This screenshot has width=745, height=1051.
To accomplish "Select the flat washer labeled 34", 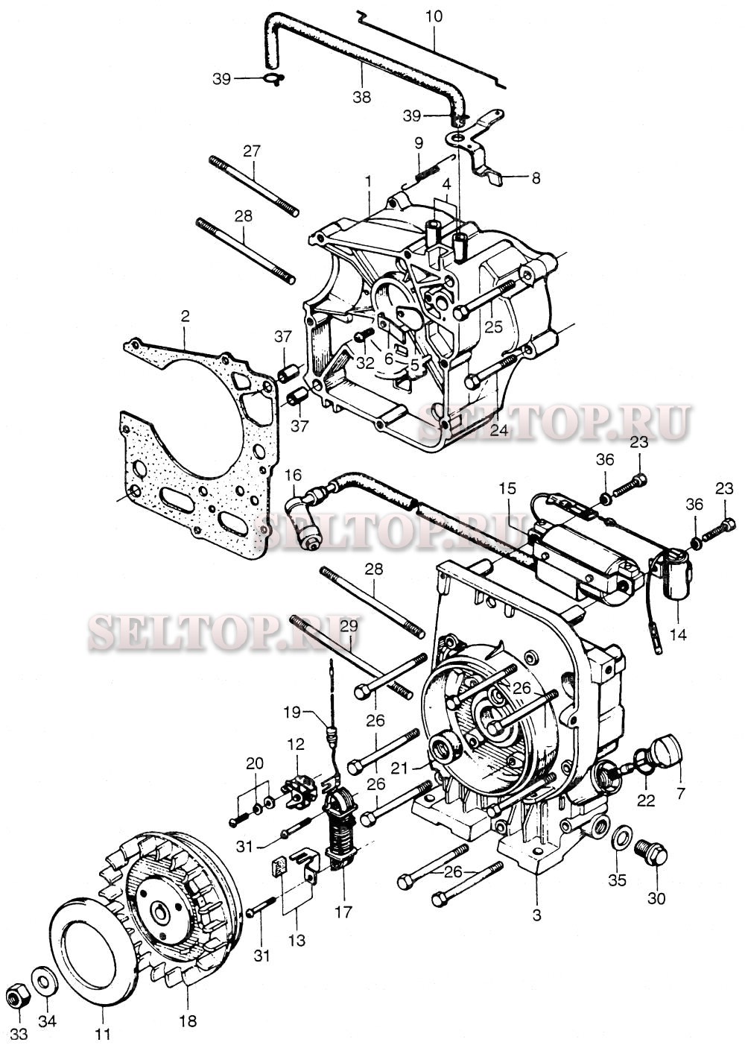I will click(42, 981).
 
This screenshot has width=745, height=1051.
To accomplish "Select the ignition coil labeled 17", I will click(342, 827).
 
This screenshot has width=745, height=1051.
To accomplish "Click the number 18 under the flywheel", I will click(188, 1020).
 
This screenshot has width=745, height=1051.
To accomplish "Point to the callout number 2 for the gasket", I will click(185, 316).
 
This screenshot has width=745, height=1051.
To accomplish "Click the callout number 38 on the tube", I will click(361, 97).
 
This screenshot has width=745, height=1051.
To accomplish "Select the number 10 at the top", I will click(434, 16).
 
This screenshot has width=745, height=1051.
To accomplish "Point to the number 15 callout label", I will click(507, 488).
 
